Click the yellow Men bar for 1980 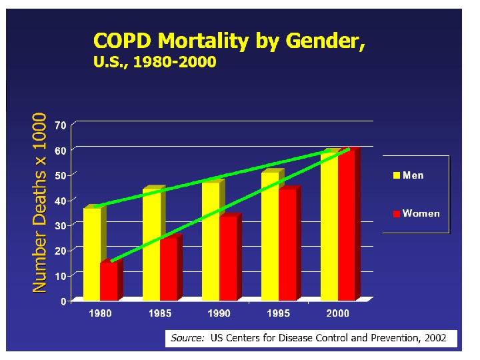[x=91, y=253]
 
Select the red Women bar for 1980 [x=109, y=281]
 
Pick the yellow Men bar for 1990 [x=210, y=240]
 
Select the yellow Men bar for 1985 [x=151, y=244]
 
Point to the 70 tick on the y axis [x=60, y=125]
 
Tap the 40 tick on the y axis [x=60, y=201]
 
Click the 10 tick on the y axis [x=60, y=276]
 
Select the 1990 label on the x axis [x=219, y=313]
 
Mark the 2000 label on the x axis [x=337, y=313]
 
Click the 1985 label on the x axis [x=160, y=313]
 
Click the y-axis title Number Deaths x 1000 [x=39, y=202]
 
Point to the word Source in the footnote [x=187, y=338]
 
